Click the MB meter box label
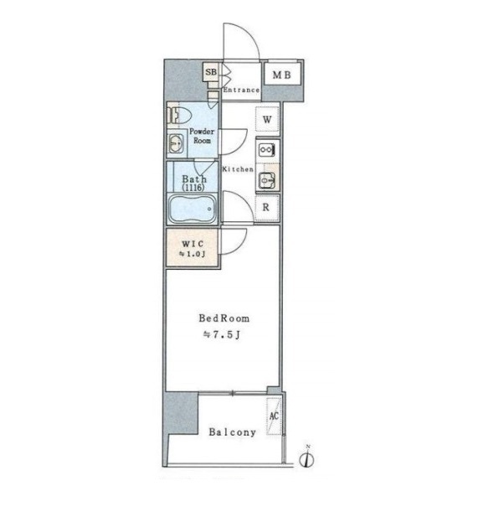281,75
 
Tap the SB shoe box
211,72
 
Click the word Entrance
241,90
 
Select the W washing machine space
267,120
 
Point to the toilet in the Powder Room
178,115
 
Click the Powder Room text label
202,136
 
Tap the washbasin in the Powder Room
176,143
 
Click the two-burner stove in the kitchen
267,150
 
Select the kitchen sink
267,179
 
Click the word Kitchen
238,169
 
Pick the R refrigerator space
267,207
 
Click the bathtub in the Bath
192,208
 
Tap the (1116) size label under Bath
193,188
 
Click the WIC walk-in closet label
193,244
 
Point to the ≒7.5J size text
222,335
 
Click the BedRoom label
224,318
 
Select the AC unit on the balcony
274,416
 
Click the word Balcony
232,432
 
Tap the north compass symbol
306,458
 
